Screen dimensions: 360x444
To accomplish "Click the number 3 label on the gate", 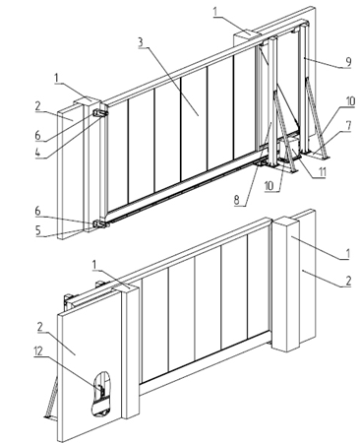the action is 141,42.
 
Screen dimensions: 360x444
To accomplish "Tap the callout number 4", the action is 38,153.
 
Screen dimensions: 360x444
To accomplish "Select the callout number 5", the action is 38,230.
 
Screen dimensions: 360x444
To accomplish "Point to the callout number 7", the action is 348,126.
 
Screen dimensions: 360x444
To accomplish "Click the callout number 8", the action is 237,200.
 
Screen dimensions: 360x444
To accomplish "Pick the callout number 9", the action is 348,62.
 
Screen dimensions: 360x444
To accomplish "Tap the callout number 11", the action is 322,171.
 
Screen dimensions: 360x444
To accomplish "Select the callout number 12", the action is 38,351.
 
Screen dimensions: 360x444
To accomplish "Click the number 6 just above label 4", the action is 38,135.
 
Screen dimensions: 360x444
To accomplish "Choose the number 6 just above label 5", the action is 38,211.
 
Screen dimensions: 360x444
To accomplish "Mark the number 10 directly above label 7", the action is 350,101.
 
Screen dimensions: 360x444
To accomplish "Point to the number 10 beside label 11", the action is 269,186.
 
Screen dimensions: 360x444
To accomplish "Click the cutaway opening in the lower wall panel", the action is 100,394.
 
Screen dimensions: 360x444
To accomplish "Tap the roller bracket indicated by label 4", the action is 100,113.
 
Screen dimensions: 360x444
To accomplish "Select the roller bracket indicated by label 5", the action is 101,224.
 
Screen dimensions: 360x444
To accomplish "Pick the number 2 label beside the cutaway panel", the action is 40,327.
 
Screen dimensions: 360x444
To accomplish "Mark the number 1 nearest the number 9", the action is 215,12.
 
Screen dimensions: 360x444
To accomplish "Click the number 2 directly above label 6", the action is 38,106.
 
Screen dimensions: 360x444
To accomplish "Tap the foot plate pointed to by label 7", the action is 317,157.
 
